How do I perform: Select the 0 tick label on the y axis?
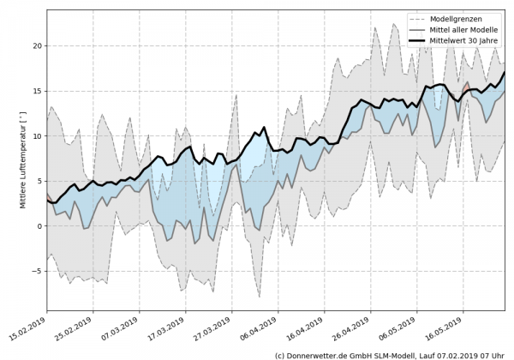pyautogui.click(x=38, y=226)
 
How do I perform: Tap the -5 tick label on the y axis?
pyautogui.click(x=35, y=271)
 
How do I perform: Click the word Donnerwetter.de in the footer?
pyautogui.click(x=321, y=354)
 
